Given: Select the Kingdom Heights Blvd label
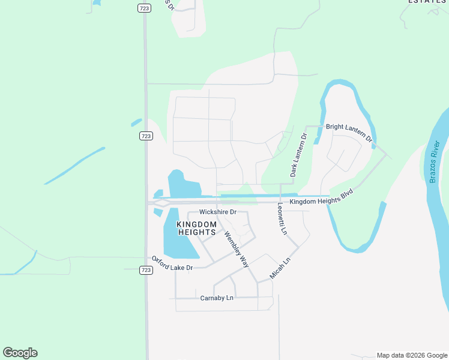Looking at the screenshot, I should (x=319, y=198).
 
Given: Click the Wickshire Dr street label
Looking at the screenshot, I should (x=218, y=212).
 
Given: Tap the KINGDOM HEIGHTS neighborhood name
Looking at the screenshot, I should (x=196, y=228).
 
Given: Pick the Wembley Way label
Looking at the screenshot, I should (x=236, y=248).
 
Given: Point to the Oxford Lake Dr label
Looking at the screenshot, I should (x=172, y=263).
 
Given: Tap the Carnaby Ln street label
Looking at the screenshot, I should (x=216, y=298).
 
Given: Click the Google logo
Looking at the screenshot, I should (x=20, y=353).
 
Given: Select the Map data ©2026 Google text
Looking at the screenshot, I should (x=411, y=355).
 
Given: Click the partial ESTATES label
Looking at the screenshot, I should (x=428, y=2).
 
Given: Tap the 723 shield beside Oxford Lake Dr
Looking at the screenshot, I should (x=145, y=271).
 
